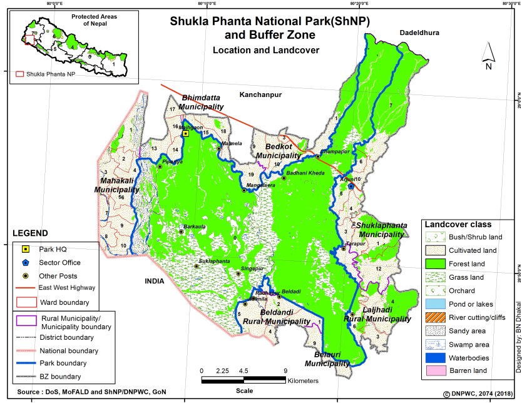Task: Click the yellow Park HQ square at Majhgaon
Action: [x=185, y=134]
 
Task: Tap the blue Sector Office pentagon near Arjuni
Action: [x=351, y=186]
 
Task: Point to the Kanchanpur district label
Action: [x=260, y=94]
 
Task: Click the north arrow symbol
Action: [x=489, y=57]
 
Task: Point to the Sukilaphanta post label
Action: [x=215, y=260]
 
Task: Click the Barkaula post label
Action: [x=193, y=227]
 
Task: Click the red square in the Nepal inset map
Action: [x=29, y=39]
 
